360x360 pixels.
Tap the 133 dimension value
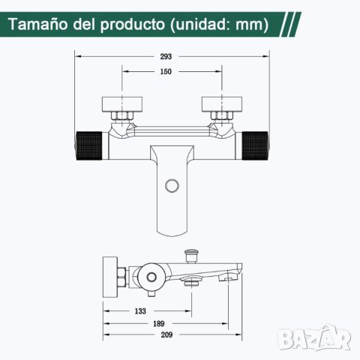click(x=140, y=310)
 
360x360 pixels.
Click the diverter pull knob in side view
click(x=190, y=256)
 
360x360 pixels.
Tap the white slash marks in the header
click(x=295, y=24)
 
